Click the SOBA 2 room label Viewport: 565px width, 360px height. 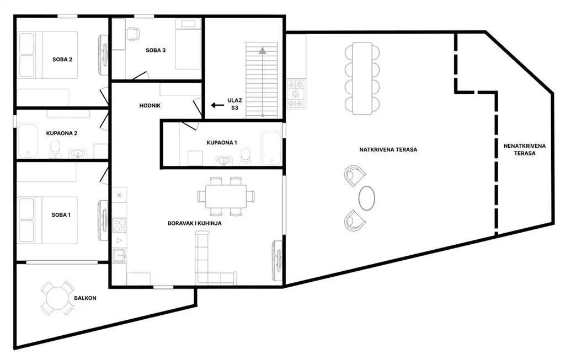click(62, 60)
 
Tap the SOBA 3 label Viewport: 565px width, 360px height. click(156, 50)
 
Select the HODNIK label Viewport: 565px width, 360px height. click(150, 105)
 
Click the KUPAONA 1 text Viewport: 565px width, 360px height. click(222, 143)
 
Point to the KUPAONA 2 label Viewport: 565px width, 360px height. click(62, 133)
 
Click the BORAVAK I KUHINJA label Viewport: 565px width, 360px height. click(195, 223)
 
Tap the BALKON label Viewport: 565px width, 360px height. click(85, 298)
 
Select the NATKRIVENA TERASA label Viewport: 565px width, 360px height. click(388, 149)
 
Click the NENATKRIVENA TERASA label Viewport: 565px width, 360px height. click(525, 149)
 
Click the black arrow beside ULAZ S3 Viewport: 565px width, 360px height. click(217, 105)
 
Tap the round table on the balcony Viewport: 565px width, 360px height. click(57, 298)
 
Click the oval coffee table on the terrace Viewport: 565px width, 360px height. click(366, 197)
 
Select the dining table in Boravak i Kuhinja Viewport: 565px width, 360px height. click(226, 196)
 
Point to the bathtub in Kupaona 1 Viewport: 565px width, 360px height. click(271, 148)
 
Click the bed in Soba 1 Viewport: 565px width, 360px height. click(47, 220)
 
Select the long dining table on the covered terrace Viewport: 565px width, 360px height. click(362, 78)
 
